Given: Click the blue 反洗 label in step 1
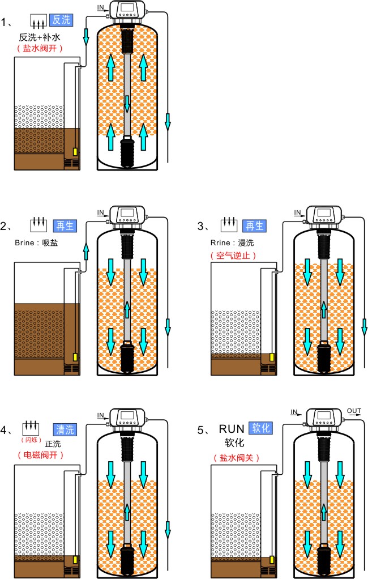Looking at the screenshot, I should coord(61,20).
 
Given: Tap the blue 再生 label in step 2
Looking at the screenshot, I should coord(63,226).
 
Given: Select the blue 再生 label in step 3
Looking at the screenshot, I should coord(254,226).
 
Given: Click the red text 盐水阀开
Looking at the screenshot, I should coord(40,49).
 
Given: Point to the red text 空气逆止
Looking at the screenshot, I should coord(233,255).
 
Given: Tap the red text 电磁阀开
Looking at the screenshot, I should coord(40,455).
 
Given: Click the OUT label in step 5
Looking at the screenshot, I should coord(354,411).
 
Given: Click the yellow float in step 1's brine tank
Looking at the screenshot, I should coord(75,153).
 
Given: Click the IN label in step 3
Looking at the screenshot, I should coord(297,212).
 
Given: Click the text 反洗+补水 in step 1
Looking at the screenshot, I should coord(40,37).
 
